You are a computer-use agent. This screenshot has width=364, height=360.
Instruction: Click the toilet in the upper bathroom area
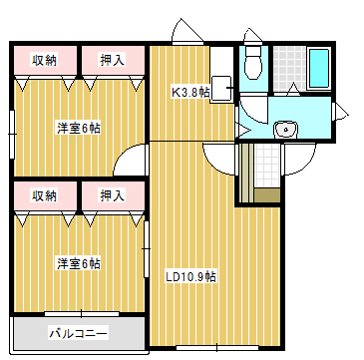(254, 63)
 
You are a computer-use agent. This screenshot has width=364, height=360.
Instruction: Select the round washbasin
(286, 128)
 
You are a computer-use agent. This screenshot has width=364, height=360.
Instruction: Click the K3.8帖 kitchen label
(189, 92)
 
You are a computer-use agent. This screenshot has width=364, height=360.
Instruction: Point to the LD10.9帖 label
(189, 276)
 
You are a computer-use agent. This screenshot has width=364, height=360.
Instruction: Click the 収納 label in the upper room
(44, 60)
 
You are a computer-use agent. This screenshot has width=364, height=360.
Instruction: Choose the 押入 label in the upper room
(112, 60)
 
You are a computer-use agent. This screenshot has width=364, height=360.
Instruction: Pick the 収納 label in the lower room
(44, 195)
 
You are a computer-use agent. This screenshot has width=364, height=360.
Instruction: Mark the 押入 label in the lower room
(112, 195)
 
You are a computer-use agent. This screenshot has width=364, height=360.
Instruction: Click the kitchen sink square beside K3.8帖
(220, 89)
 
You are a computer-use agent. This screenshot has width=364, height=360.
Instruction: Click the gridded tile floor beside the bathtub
(288, 67)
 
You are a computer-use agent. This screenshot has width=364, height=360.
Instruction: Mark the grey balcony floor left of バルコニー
(28, 332)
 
